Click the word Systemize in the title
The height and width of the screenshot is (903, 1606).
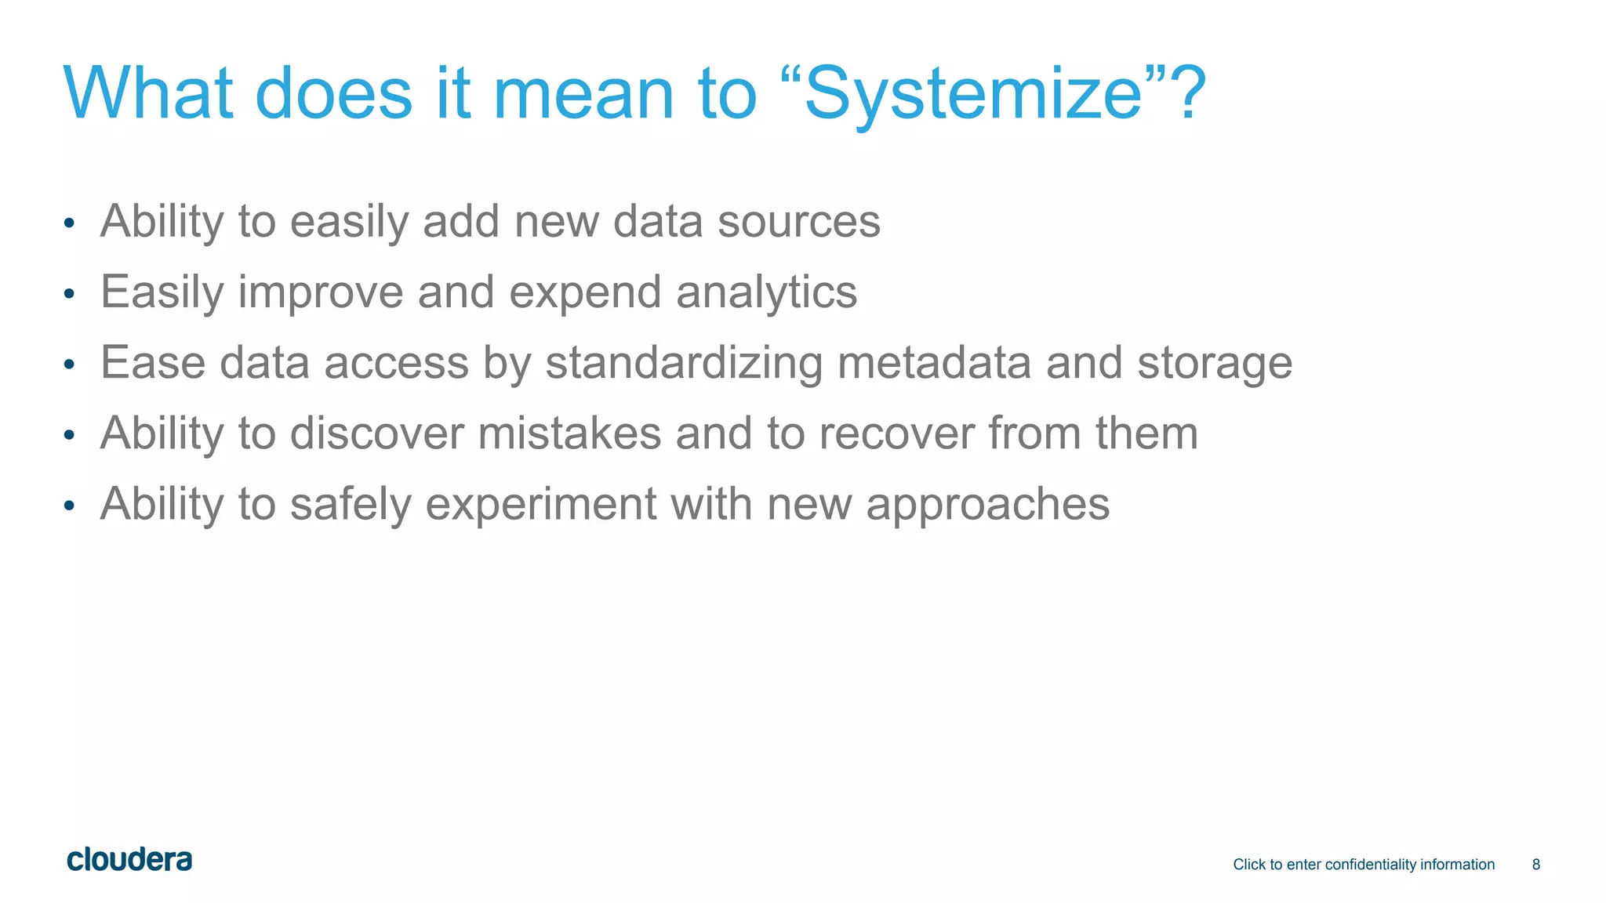[x=972, y=94]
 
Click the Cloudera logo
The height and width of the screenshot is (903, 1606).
[x=129, y=860]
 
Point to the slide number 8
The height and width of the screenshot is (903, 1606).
[x=1535, y=865]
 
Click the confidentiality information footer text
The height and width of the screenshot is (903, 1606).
[x=1363, y=865]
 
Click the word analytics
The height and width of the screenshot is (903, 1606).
[x=766, y=293]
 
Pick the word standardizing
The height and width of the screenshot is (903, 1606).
[x=684, y=364]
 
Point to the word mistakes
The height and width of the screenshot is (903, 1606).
[x=569, y=433]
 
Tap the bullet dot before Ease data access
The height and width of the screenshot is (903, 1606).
[x=69, y=364]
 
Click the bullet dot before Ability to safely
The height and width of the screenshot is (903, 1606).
[x=69, y=506]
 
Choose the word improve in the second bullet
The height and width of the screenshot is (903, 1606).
[x=320, y=293]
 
